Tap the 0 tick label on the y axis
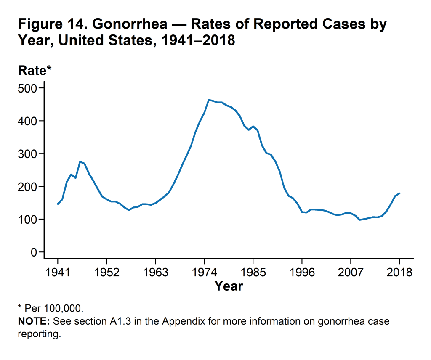tap(34, 252)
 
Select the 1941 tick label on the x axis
tap(58, 272)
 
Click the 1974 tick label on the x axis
tap(204, 272)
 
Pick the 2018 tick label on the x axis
tap(399, 272)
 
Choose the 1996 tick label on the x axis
tap(302, 272)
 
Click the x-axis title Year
tap(229, 286)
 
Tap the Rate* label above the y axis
tap(35, 71)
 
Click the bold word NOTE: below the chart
tap(34, 322)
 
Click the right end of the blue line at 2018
tap(399, 193)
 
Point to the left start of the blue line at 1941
tap(58, 204)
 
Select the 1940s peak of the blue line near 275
tap(80, 161)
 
